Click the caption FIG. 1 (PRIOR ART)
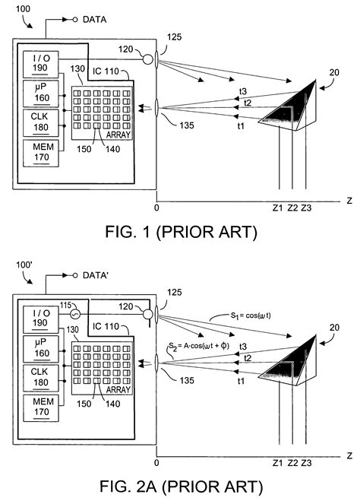click(x=180, y=230)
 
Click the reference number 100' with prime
click(x=26, y=267)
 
